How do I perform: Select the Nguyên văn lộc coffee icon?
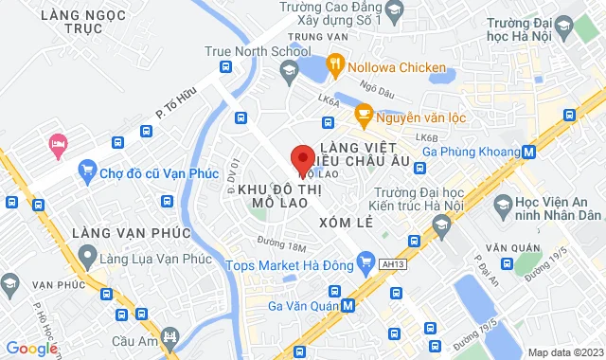tap(363, 116)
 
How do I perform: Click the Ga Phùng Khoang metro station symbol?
tap(528, 151)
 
